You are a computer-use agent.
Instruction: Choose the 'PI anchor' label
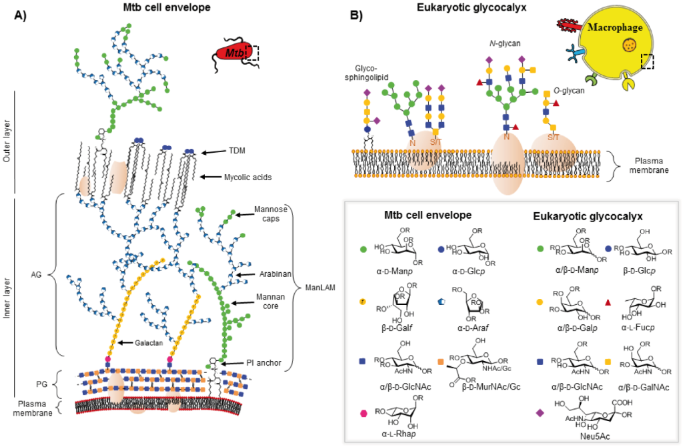[261, 363]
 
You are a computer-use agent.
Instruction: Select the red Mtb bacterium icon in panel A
[230, 50]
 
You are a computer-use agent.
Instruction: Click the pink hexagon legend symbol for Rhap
[364, 413]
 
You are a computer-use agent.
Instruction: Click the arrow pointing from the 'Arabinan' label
[243, 274]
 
